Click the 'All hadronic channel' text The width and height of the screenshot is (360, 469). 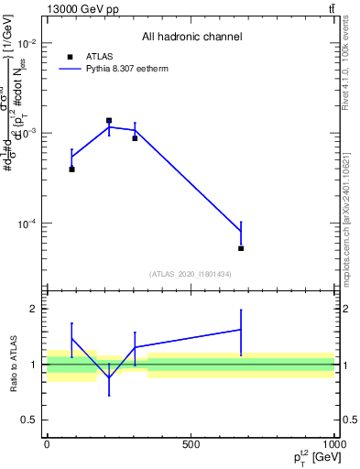click(191, 38)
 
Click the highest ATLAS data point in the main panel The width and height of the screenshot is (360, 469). click(109, 121)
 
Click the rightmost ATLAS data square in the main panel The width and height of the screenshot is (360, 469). click(241, 248)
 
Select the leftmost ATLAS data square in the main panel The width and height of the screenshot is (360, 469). click(71, 169)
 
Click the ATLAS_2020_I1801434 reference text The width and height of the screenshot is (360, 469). click(191, 274)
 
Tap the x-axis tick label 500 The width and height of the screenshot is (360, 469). click(191, 443)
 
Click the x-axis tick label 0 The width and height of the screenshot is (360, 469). click(47, 443)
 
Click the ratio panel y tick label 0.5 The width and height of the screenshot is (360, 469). click(27, 420)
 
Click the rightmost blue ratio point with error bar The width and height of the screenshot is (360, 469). click(241, 330)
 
